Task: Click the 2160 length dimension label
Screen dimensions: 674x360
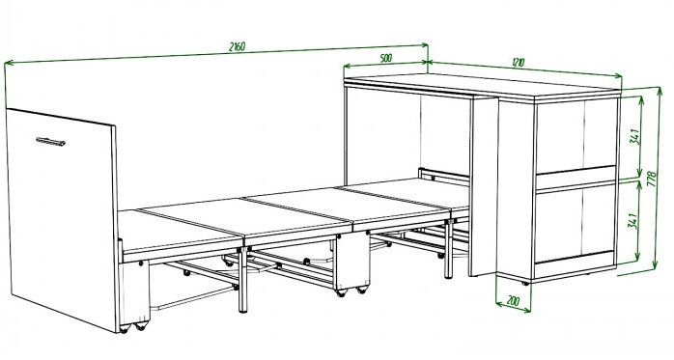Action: [237, 46]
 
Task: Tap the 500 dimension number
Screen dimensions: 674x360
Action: [386, 58]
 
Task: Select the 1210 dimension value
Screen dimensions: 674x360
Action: [519, 63]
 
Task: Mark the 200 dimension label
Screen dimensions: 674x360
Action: [513, 301]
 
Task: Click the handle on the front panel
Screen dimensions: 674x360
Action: [51, 142]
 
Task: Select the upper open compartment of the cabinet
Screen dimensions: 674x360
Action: [576, 137]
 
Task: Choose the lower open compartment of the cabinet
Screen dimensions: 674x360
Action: [576, 223]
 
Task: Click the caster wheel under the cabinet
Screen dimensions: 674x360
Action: [525, 283]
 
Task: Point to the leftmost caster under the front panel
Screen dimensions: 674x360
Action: [125, 329]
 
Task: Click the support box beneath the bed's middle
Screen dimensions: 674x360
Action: [351, 263]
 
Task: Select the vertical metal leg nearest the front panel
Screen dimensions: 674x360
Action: [243, 280]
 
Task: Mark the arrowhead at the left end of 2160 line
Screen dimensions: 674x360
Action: [9, 64]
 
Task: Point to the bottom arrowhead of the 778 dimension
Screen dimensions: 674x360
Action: [655, 265]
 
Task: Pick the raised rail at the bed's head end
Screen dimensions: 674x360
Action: [443, 177]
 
